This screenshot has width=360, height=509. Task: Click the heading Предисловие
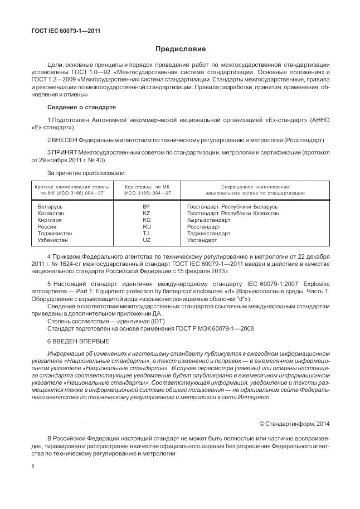click(180, 50)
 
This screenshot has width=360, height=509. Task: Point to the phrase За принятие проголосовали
click(86, 173)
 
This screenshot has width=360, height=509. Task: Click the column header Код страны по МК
click(147, 187)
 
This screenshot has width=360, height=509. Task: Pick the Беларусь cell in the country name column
click(50, 207)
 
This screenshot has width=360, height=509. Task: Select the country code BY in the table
click(147, 207)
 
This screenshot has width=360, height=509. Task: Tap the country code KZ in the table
click(147, 214)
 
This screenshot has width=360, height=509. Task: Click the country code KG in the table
click(147, 220)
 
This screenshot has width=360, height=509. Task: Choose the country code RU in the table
click(147, 227)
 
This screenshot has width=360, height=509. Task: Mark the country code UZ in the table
click(147, 240)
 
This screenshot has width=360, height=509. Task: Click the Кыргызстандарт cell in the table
click(209, 220)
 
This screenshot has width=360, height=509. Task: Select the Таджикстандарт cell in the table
click(209, 234)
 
